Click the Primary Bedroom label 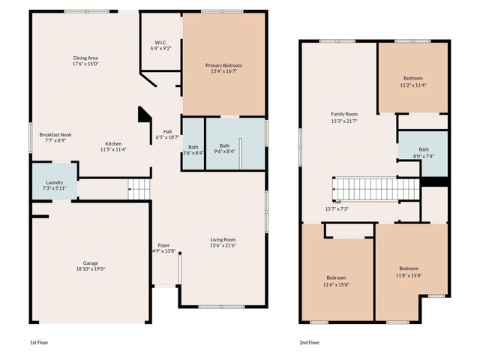224,65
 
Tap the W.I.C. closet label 161,42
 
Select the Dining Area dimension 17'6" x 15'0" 85,64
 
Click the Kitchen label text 113,144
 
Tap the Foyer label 163,245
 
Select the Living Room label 223,240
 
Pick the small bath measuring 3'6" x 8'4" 193,147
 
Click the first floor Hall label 167,132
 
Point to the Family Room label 345,114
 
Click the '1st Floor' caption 39,342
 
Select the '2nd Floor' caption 310,342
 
